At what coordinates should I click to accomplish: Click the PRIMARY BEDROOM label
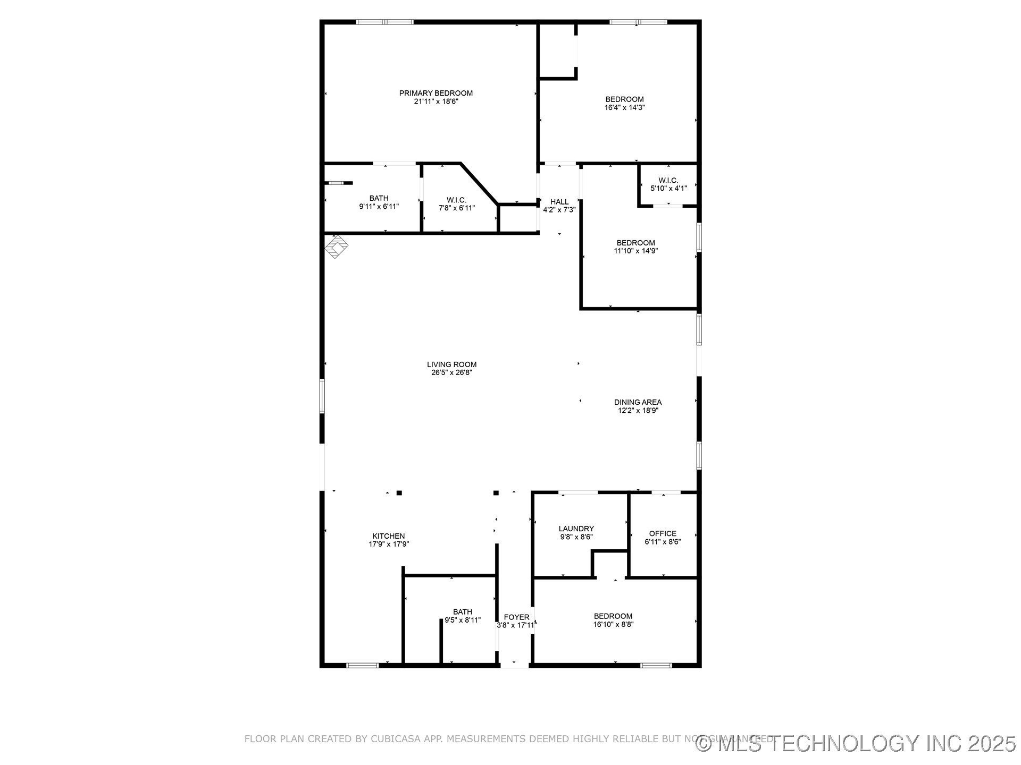(x=436, y=93)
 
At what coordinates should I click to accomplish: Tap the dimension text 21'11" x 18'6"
(x=436, y=101)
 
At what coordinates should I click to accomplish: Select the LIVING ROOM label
(x=451, y=364)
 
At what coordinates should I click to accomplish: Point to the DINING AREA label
(x=638, y=402)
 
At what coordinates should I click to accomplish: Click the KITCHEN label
(x=388, y=536)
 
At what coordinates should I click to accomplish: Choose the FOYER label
(x=516, y=617)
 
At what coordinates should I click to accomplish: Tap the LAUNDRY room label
(x=576, y=529)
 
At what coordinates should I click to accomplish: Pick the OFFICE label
(x=663, y=533)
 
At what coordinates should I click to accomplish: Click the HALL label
(x=559, y=202)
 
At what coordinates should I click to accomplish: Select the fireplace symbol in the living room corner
(x=337, y=246)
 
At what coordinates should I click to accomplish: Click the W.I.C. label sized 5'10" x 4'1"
(x=668, y=180)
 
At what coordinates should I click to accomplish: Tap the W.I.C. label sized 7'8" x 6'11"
(x=456, y=200)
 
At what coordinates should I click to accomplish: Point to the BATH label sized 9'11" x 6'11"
(x=379, y=198)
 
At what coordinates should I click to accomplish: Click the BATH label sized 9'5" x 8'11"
(x=462, y=611)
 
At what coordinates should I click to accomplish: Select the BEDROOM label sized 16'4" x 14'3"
(x=624, y=99)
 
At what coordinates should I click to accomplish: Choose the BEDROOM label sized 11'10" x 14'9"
(x=635, y=243)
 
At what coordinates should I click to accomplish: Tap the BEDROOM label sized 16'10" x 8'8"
(x=613, y=616)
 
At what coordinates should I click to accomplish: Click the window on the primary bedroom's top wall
(x=384, y=22)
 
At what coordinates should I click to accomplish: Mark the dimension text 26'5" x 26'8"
(x=451, y=373)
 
